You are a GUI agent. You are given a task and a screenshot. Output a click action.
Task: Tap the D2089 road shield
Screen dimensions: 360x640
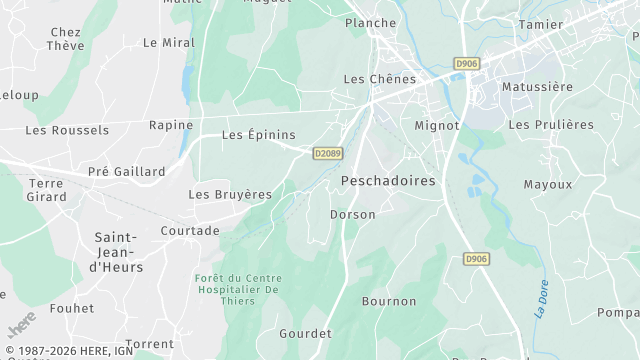[x=327, y=153]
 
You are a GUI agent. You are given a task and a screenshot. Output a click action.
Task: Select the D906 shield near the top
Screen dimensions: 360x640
[x=466, y=63]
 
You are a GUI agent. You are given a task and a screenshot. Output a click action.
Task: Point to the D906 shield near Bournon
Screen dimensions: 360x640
[x=477, y=259]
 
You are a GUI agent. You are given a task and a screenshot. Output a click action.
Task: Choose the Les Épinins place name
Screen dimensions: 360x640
[x=258, y=135]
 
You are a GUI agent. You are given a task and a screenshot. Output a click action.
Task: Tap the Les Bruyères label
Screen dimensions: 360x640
[x=230, y=194]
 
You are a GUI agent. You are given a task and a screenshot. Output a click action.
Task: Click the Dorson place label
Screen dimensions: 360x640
[x=353, y=214]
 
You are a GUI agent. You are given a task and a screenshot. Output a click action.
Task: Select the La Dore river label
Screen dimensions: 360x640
[x=541, y=299]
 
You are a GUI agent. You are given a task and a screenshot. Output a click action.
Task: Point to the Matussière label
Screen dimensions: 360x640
[x=537, y=87]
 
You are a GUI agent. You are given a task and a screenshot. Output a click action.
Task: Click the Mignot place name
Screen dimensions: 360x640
[x=437, y=126]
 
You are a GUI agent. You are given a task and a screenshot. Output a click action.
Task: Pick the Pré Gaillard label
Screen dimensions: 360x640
[x=127, y=171]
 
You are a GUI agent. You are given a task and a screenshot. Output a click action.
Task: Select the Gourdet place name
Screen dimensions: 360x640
[x=305, y=333]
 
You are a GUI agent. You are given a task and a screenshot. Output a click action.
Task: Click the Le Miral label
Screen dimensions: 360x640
[x=168, y=43]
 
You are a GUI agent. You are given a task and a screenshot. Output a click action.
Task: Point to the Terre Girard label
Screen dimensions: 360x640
[x=46, y=190]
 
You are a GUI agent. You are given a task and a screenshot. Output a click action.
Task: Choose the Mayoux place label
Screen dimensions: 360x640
[x=548, y=184]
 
